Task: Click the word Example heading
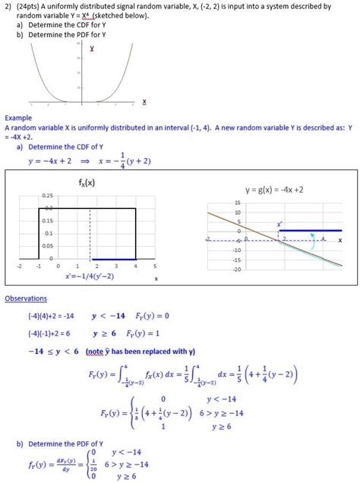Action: [18, 118]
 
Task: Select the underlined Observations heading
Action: [26, 298]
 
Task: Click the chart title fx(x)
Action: [87, 182]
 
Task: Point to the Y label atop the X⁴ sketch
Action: [91, 48]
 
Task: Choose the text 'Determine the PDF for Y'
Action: [68, 33]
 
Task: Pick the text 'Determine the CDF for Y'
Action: [68, 24]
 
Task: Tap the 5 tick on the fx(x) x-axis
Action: [154, 267]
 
